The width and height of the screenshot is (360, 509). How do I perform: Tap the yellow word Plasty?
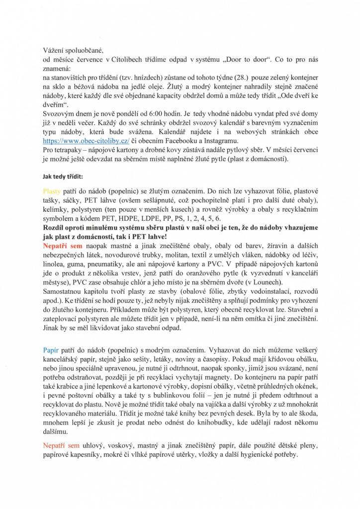point(52,190)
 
